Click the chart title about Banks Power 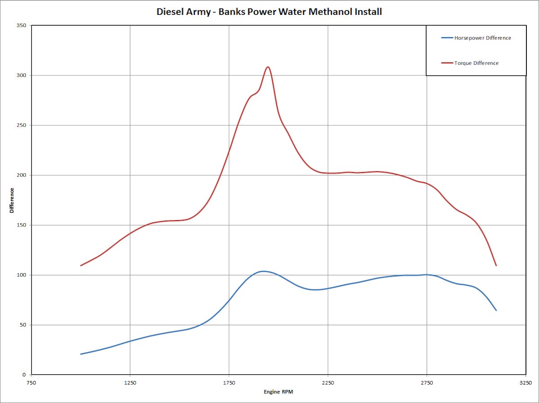pyautogui.click(x=269, y=12)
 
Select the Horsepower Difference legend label pyautogui.click(x=482, y=38)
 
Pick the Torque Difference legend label pyautogui.click(x=476, y=63)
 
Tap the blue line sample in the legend pyautogui.click(x=447, y=38)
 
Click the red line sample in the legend pyautogui.click(x=447, y=63)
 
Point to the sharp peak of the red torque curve pyautogui.click(x=268, y=67)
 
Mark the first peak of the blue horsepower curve pyautogui.click(x=263, y=271)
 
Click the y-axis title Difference pyautogui.click(x=12, y=200)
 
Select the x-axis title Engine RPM pyautogui.click(x=278, y=392)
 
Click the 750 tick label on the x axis pyautogui.click(x=31, y=383)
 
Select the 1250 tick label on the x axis pyautogui.click(x=130, y=383)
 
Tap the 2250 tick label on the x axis pyautogui.click(x=328, y=383)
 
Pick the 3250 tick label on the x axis pyautogui.click(x=526, y=383)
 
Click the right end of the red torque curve pyautogui.click(x=496, y=266)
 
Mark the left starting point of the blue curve pyautogui.click(x=81, y=354)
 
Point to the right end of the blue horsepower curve pyautogui.click(x=496, y=310)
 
